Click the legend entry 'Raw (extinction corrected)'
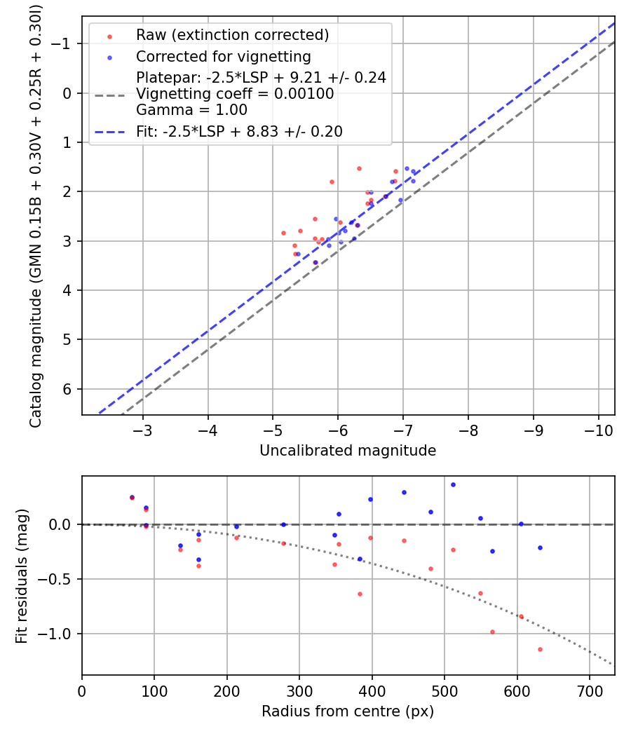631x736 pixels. click(x=232, y=35)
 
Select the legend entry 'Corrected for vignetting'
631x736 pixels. click(x=223, y=56)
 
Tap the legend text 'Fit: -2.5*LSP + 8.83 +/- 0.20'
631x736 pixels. click(x=239, y=132)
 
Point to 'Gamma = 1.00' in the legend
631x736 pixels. click(x=191, y=109)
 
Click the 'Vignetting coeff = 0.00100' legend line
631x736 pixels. click(x=235, y=94)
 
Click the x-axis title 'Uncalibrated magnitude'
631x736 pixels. click(x=348, y=451)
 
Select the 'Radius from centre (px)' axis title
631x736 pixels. click(x=348, y=711)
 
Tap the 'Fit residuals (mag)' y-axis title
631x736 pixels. click(x=21, y=575)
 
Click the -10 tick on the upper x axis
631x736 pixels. click(x=599, y=428)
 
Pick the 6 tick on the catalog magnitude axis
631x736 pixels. click(x=69, y=389)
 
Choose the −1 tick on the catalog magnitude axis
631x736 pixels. click(x=65, y=43)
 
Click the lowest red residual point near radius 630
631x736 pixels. click(x=540, y=649)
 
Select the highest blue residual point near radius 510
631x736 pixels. click(x=453, y=484)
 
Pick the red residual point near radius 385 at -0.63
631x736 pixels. click(x=360, y=594)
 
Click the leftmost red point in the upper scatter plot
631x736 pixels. click(x=283, y=233)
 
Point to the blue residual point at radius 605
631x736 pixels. click(x=520, y=524)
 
